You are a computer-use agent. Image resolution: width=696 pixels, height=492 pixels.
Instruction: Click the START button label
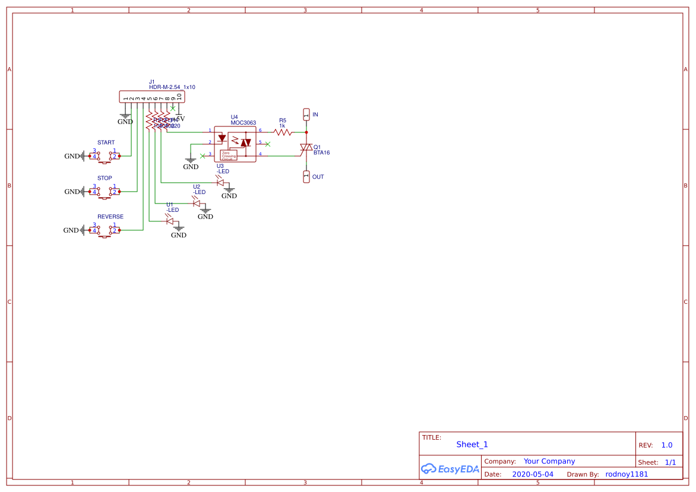[106, 142]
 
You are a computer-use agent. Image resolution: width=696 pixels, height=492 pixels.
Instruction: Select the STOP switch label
[105, 178]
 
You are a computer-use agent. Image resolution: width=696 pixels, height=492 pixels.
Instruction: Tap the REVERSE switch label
[110, 217]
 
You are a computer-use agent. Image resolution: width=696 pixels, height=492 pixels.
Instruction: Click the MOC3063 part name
[243, 123]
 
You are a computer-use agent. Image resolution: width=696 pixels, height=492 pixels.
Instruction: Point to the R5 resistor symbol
[283, 132]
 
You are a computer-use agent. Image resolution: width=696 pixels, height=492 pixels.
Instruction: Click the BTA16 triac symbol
[306, 147]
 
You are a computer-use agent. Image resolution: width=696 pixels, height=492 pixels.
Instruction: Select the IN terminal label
[315, 115]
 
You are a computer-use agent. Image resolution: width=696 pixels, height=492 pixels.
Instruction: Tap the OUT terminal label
[318, 177]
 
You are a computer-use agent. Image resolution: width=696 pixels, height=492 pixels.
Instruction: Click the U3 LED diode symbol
[220, 182]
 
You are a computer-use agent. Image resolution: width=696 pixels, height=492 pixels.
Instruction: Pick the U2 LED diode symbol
[197, 203]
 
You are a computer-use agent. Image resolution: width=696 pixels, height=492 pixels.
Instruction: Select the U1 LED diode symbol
[169, 221]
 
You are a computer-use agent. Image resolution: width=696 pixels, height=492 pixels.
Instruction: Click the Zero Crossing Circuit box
[229, 155]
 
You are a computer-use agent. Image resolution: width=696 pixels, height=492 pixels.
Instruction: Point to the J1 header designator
[151, 82]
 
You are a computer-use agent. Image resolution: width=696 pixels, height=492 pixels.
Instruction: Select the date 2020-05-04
[532, 474]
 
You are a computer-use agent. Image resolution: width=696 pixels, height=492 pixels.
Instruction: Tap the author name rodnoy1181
[627, 474]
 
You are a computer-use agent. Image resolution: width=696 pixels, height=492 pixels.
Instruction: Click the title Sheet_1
[472, 445]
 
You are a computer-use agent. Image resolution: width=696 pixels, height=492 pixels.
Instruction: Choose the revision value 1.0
[666, 445]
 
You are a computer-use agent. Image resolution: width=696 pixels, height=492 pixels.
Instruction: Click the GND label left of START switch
[72, 156]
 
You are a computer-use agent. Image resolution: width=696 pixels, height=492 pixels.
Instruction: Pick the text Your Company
[549, 461]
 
